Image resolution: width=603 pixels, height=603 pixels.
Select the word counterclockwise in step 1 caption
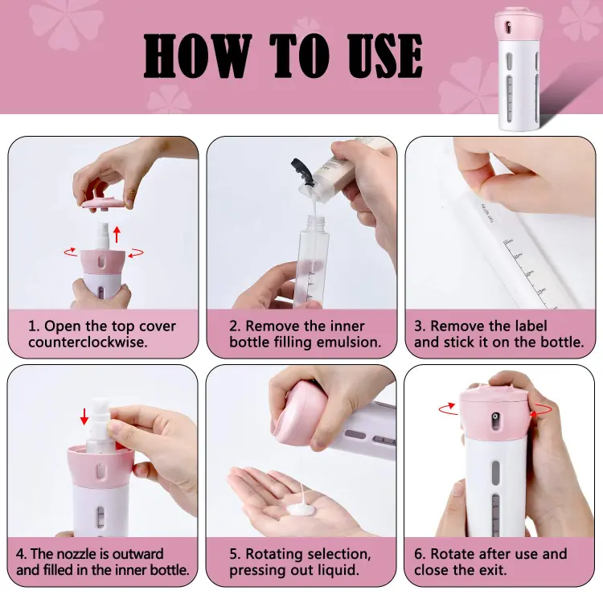[x=88, y=343]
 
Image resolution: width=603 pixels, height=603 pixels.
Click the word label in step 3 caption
[x=528, y=326]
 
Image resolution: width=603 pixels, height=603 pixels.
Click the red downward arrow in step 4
[x=84, y=416]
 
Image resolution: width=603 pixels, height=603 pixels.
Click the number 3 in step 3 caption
[x=418, y=326]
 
